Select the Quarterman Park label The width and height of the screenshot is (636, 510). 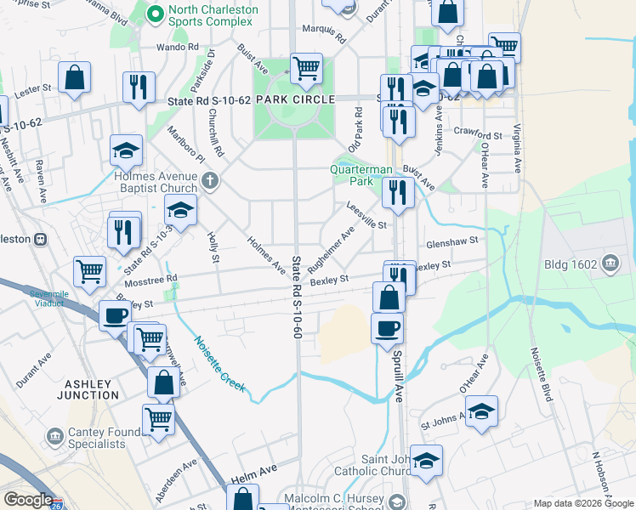[x=363, y=175]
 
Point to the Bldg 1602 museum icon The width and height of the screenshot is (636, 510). [x=609, y=263]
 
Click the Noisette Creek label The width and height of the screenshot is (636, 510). [x=220, y=363]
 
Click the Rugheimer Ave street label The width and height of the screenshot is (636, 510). [x=337, y=244]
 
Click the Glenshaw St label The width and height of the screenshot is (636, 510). [x=453, y=241]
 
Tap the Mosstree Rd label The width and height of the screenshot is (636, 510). [x=149, y=279]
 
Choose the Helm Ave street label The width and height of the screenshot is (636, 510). [x=254, y=473]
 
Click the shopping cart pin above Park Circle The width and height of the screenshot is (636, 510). [x=305, y=68]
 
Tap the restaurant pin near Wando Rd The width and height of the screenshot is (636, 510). [x=138, y=87]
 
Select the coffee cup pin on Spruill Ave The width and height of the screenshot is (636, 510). [x=387, y=327]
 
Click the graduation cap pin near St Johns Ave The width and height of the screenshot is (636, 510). [x=481, y=412]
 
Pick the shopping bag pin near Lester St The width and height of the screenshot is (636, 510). [x=75, y=78]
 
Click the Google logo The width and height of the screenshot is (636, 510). [x=28, y=500]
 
